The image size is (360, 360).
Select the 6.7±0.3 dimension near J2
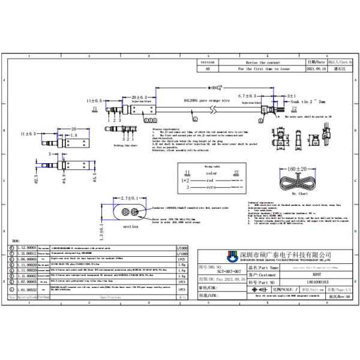click(x=248, y=96)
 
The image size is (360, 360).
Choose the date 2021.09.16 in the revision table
click(x=316, y=69)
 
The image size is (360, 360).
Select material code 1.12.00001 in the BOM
click(x=26, y=247)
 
